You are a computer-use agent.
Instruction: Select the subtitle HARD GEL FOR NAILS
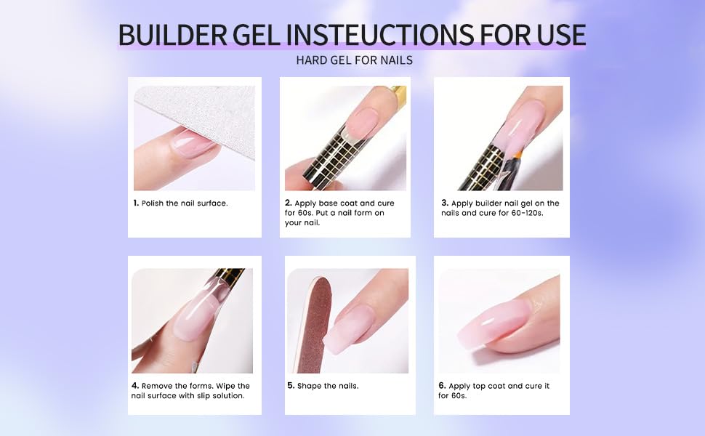tap(354, 60)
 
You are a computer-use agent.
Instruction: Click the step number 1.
tap(136, 203)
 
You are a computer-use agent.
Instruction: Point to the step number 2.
tap(288, 203)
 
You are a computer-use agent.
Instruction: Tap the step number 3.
tap(444, 203)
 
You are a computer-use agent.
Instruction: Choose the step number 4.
tap(135, 386)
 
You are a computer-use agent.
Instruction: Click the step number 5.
tap(291, 386)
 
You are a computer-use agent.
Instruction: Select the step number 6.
tap(442, 386)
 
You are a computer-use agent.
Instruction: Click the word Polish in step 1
tap(153, 203)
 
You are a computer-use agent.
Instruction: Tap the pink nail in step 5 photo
tap(348, 327)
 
